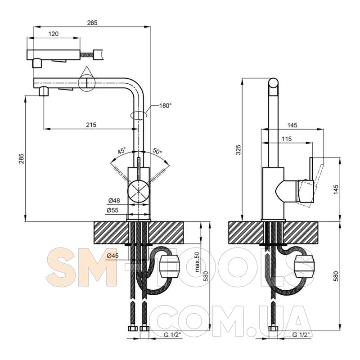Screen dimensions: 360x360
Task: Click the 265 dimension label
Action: tap(92, 23)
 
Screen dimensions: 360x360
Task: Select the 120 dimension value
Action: tap(54, 34)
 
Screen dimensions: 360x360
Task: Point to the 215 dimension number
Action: tap(91, 125)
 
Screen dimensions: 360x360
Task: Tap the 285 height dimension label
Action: tap(21, 158)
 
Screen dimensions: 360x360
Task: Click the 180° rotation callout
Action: tap(166, 106)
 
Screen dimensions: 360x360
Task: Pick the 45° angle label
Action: tap(121, 151)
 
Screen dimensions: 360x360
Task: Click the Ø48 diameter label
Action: tap(114, 200)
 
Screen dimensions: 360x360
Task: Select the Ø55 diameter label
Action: tap(112, 210)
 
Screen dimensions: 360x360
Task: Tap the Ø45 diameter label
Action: tap(113, 255)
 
